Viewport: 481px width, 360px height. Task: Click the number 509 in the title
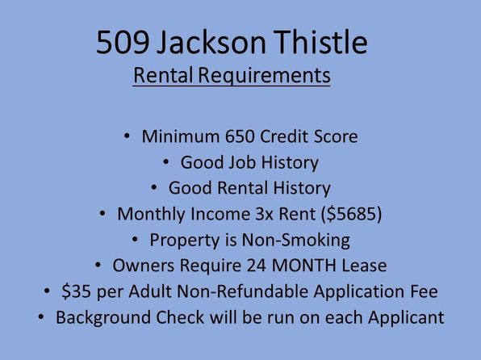[x=123, y=42]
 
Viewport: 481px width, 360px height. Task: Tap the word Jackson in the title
[x=211, y=42]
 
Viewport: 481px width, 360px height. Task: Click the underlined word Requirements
[x=264, y=76]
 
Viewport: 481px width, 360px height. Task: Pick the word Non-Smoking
[x=296, y=240]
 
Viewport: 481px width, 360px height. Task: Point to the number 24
[x=257, y=266]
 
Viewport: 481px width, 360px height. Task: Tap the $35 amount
[x=76, y=291]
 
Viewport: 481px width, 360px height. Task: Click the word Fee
[x=425, y=291]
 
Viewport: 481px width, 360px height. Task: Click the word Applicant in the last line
[x=406, y=318]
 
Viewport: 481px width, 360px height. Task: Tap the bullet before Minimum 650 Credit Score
[x=127, y=136]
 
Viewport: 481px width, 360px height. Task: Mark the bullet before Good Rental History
[x=154, y=187]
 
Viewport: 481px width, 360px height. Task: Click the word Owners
[x=144, y=266]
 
